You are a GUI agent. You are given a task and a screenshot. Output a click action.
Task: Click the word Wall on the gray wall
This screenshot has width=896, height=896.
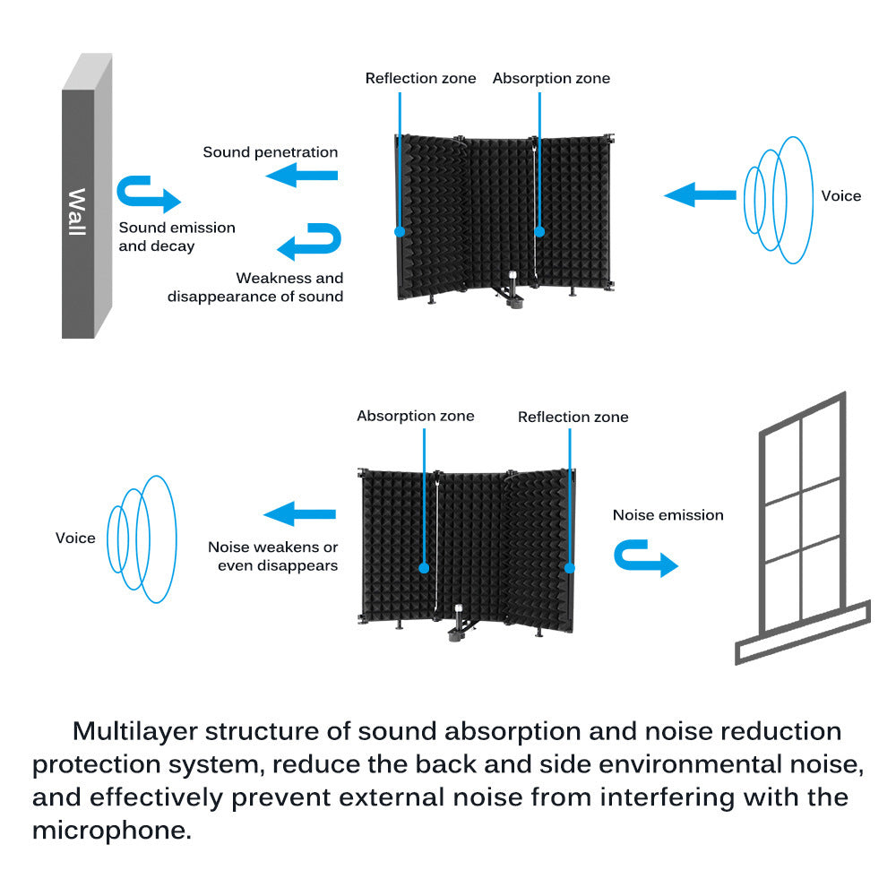77,212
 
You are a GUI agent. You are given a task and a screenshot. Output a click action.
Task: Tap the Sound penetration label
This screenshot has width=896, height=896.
271,152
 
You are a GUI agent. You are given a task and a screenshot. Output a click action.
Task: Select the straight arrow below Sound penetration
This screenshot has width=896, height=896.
302,176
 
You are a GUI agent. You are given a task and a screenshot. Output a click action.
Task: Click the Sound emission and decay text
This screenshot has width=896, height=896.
177,237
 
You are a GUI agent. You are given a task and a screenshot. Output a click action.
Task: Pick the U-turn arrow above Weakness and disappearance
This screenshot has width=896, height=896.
310,241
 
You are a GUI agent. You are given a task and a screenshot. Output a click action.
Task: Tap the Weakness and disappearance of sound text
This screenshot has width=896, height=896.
256,287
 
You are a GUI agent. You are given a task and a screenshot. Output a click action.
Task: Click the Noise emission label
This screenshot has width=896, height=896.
668,515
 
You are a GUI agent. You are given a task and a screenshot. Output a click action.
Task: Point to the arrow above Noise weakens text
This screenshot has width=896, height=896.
299,513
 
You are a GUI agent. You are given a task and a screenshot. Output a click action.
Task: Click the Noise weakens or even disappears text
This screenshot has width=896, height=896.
273,556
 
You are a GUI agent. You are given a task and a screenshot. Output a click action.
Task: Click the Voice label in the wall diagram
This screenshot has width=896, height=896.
840,196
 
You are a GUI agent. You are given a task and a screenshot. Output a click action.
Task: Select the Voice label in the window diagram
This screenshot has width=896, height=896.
75,538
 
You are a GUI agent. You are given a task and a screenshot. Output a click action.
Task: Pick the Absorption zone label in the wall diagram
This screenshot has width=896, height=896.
551,79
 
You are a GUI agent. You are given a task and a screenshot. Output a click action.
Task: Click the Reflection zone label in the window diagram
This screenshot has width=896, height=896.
573,418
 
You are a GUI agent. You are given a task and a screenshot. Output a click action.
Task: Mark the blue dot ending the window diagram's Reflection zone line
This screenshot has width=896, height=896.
569,566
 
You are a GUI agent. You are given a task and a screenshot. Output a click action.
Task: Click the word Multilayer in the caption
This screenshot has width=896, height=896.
133,731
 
